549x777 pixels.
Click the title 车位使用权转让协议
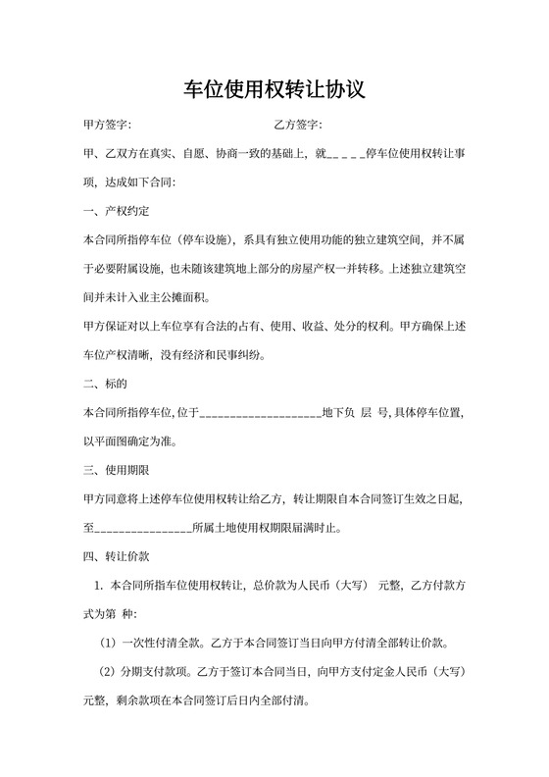274,91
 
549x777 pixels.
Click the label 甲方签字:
108,126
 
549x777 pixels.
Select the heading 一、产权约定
117,211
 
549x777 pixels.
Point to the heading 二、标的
106,384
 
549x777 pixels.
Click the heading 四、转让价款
117,556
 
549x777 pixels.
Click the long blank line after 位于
260,413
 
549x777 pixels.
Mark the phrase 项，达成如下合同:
129,182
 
